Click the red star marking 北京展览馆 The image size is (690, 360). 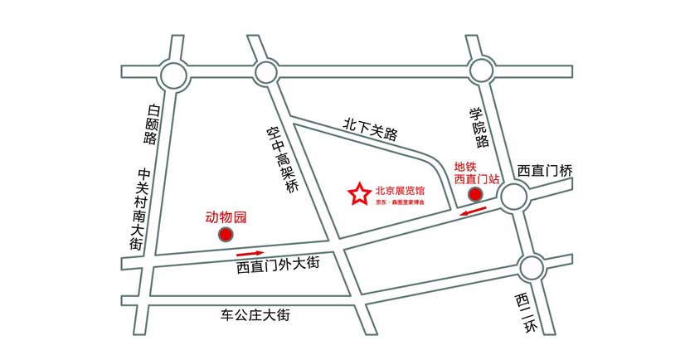358,194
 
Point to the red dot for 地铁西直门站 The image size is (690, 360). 475,195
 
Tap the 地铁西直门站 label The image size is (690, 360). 476,172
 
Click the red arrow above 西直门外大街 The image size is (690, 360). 250,253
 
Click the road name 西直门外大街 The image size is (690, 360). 277,267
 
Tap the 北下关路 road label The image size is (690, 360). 371,129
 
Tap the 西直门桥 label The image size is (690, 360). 545,170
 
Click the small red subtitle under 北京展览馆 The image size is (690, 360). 400,202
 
